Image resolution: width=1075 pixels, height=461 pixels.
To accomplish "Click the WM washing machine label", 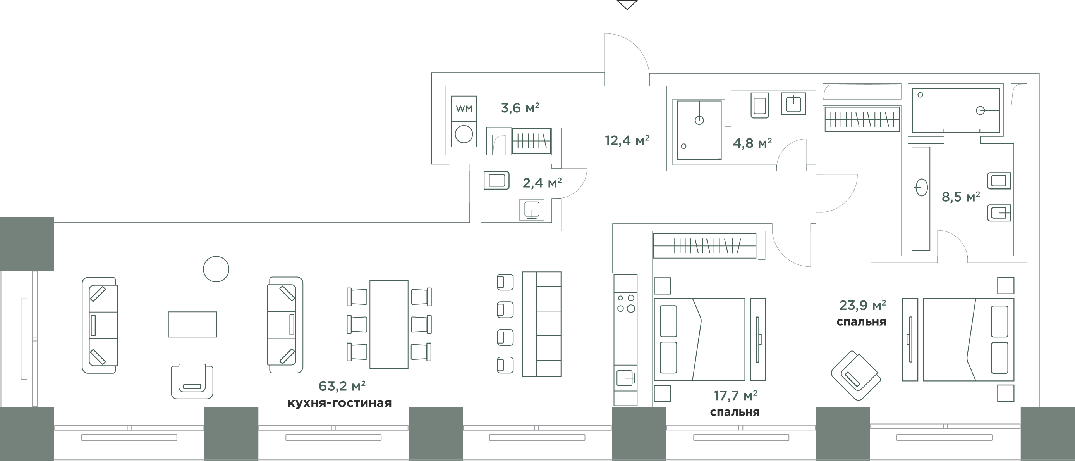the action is click(464, 109).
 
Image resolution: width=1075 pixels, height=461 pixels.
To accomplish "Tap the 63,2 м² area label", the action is click(342, 386).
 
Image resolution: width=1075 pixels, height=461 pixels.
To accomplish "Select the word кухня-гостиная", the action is click(340, 403).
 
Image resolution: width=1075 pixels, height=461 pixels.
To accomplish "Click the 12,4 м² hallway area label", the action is click(627, 140).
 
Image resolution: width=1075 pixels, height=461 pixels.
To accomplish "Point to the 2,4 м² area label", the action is click(542, 183).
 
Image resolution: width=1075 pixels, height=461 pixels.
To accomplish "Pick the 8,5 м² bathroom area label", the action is click(961, 197).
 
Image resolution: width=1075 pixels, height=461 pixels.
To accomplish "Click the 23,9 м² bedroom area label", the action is click(862, 306).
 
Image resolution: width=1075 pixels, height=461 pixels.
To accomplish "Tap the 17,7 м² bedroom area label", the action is click(735, 395).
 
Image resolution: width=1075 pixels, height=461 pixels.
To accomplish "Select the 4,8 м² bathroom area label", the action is click(752, 143).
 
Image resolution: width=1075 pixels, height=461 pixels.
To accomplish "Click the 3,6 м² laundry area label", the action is click(520, 108).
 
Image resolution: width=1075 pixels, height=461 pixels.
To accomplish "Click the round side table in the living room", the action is click(216, 269).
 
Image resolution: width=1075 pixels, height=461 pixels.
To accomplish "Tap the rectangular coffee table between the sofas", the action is click(192, 325).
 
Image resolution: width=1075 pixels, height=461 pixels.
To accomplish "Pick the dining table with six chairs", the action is click(389, 325).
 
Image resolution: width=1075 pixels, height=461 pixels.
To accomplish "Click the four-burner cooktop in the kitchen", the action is click(625, 304).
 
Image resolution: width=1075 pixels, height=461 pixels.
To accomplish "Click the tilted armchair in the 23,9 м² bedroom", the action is click(855, 376).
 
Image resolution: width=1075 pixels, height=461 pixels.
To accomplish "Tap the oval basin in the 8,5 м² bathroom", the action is click(920, 188).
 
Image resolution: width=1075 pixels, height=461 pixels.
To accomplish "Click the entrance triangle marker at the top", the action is click(627, 5).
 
